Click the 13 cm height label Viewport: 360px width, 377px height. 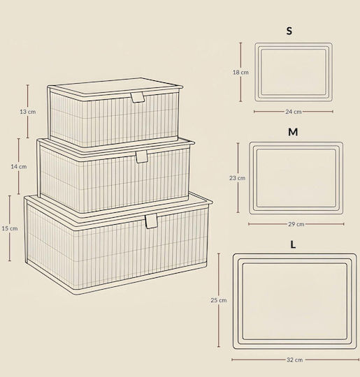point(28,112)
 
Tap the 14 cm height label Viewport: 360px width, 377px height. point(19,166)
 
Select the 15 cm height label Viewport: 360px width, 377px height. point(10,228)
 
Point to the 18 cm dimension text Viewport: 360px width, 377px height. point(240,72)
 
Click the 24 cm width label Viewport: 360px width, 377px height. point(294,112)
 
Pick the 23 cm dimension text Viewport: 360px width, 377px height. point(238,178)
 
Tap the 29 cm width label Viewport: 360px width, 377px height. point(296,224)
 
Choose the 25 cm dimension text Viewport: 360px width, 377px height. point(219,300)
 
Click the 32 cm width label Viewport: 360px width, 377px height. point(295,360)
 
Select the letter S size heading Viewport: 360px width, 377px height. point(289,31)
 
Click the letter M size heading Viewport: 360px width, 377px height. point(293,132)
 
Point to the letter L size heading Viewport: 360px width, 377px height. point(293,244)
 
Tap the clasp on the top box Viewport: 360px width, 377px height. point(138,97)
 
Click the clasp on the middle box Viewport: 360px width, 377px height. point(142,157)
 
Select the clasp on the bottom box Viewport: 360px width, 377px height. point(151,221)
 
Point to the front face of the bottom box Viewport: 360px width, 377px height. point(142,250)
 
